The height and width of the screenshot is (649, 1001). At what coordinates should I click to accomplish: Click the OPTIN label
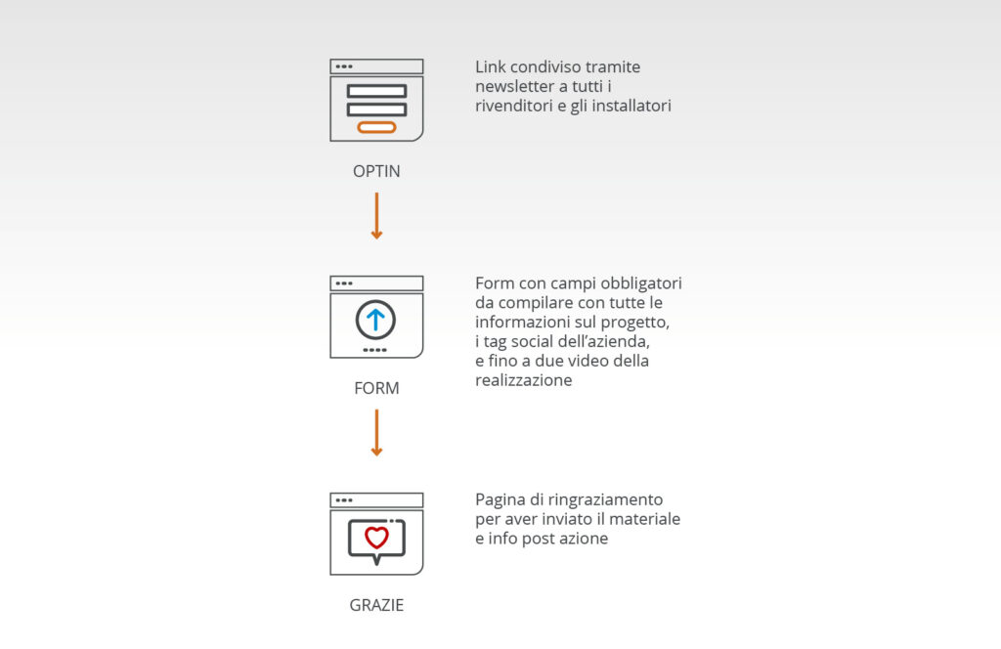pos(376,171)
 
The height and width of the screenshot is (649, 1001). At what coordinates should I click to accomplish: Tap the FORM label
pos(376,388)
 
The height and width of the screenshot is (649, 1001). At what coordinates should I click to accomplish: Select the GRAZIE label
pos(376,605)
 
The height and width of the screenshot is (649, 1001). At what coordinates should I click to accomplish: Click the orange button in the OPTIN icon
pos(376,127)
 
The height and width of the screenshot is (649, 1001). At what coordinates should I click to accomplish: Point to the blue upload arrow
pos(375,319)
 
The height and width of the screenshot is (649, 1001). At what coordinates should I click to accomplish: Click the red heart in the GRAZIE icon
pos(376,538)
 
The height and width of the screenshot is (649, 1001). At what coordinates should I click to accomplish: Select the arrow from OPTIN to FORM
pos(376,216)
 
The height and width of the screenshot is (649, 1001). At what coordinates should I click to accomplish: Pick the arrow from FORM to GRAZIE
pos(376,433)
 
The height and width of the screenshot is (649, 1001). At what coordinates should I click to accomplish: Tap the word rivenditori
pos(514,106)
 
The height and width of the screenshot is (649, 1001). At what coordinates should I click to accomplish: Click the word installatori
pos(631,106)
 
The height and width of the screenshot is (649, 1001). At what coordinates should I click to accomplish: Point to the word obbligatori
pos(641,284)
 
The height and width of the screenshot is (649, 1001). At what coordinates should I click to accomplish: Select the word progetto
pos(635,323)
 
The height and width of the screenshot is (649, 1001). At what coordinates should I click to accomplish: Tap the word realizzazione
pos(524,380)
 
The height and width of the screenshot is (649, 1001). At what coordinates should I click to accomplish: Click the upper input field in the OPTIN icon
pos(376,91)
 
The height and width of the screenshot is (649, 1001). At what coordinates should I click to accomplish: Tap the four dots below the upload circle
pos(374,350)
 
